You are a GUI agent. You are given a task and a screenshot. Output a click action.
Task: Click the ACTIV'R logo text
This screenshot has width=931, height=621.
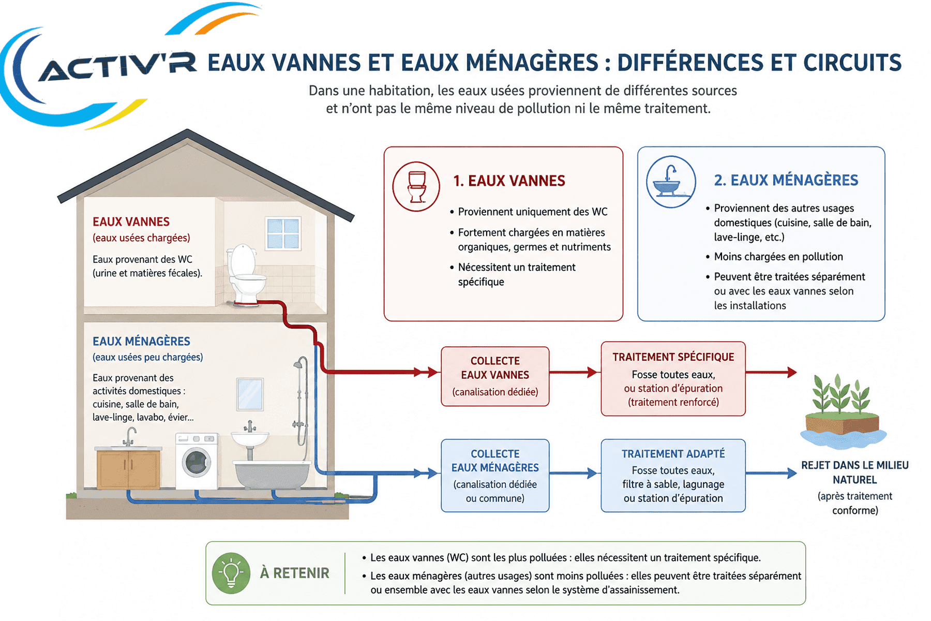118,66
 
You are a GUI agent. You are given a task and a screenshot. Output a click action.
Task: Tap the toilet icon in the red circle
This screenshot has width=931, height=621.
416,187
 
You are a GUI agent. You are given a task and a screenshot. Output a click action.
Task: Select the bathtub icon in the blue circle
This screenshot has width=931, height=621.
670,182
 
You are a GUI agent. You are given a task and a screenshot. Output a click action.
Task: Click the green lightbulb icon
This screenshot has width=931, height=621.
231,573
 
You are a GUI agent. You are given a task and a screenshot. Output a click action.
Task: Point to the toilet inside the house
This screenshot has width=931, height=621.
246,275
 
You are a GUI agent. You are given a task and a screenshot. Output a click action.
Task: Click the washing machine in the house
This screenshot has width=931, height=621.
197,461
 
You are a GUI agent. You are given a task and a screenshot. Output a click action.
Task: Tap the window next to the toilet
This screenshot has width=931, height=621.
283,233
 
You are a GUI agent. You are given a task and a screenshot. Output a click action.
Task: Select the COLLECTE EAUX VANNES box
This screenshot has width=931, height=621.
495,376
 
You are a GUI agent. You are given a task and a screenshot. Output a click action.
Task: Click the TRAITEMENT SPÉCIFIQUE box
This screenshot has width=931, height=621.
673,379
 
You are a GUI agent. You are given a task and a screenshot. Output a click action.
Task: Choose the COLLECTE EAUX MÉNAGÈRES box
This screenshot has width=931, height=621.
495,476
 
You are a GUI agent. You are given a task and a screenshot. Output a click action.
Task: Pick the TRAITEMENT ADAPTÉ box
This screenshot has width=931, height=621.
673,476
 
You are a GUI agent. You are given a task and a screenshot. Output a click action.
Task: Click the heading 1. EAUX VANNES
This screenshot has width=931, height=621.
509,181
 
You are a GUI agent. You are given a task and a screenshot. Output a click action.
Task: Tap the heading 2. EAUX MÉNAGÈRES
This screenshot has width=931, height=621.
786,180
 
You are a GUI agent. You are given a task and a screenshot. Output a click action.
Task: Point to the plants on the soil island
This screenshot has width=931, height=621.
840,394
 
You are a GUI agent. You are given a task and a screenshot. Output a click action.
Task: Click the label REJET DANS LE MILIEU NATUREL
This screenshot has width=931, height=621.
854,472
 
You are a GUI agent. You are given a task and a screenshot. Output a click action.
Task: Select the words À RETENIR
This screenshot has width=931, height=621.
294,573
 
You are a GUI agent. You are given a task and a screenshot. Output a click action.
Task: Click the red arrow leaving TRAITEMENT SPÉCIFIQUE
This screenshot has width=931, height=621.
771,372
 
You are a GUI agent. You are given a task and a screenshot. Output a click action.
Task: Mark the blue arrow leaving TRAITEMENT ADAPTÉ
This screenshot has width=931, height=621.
771,473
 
